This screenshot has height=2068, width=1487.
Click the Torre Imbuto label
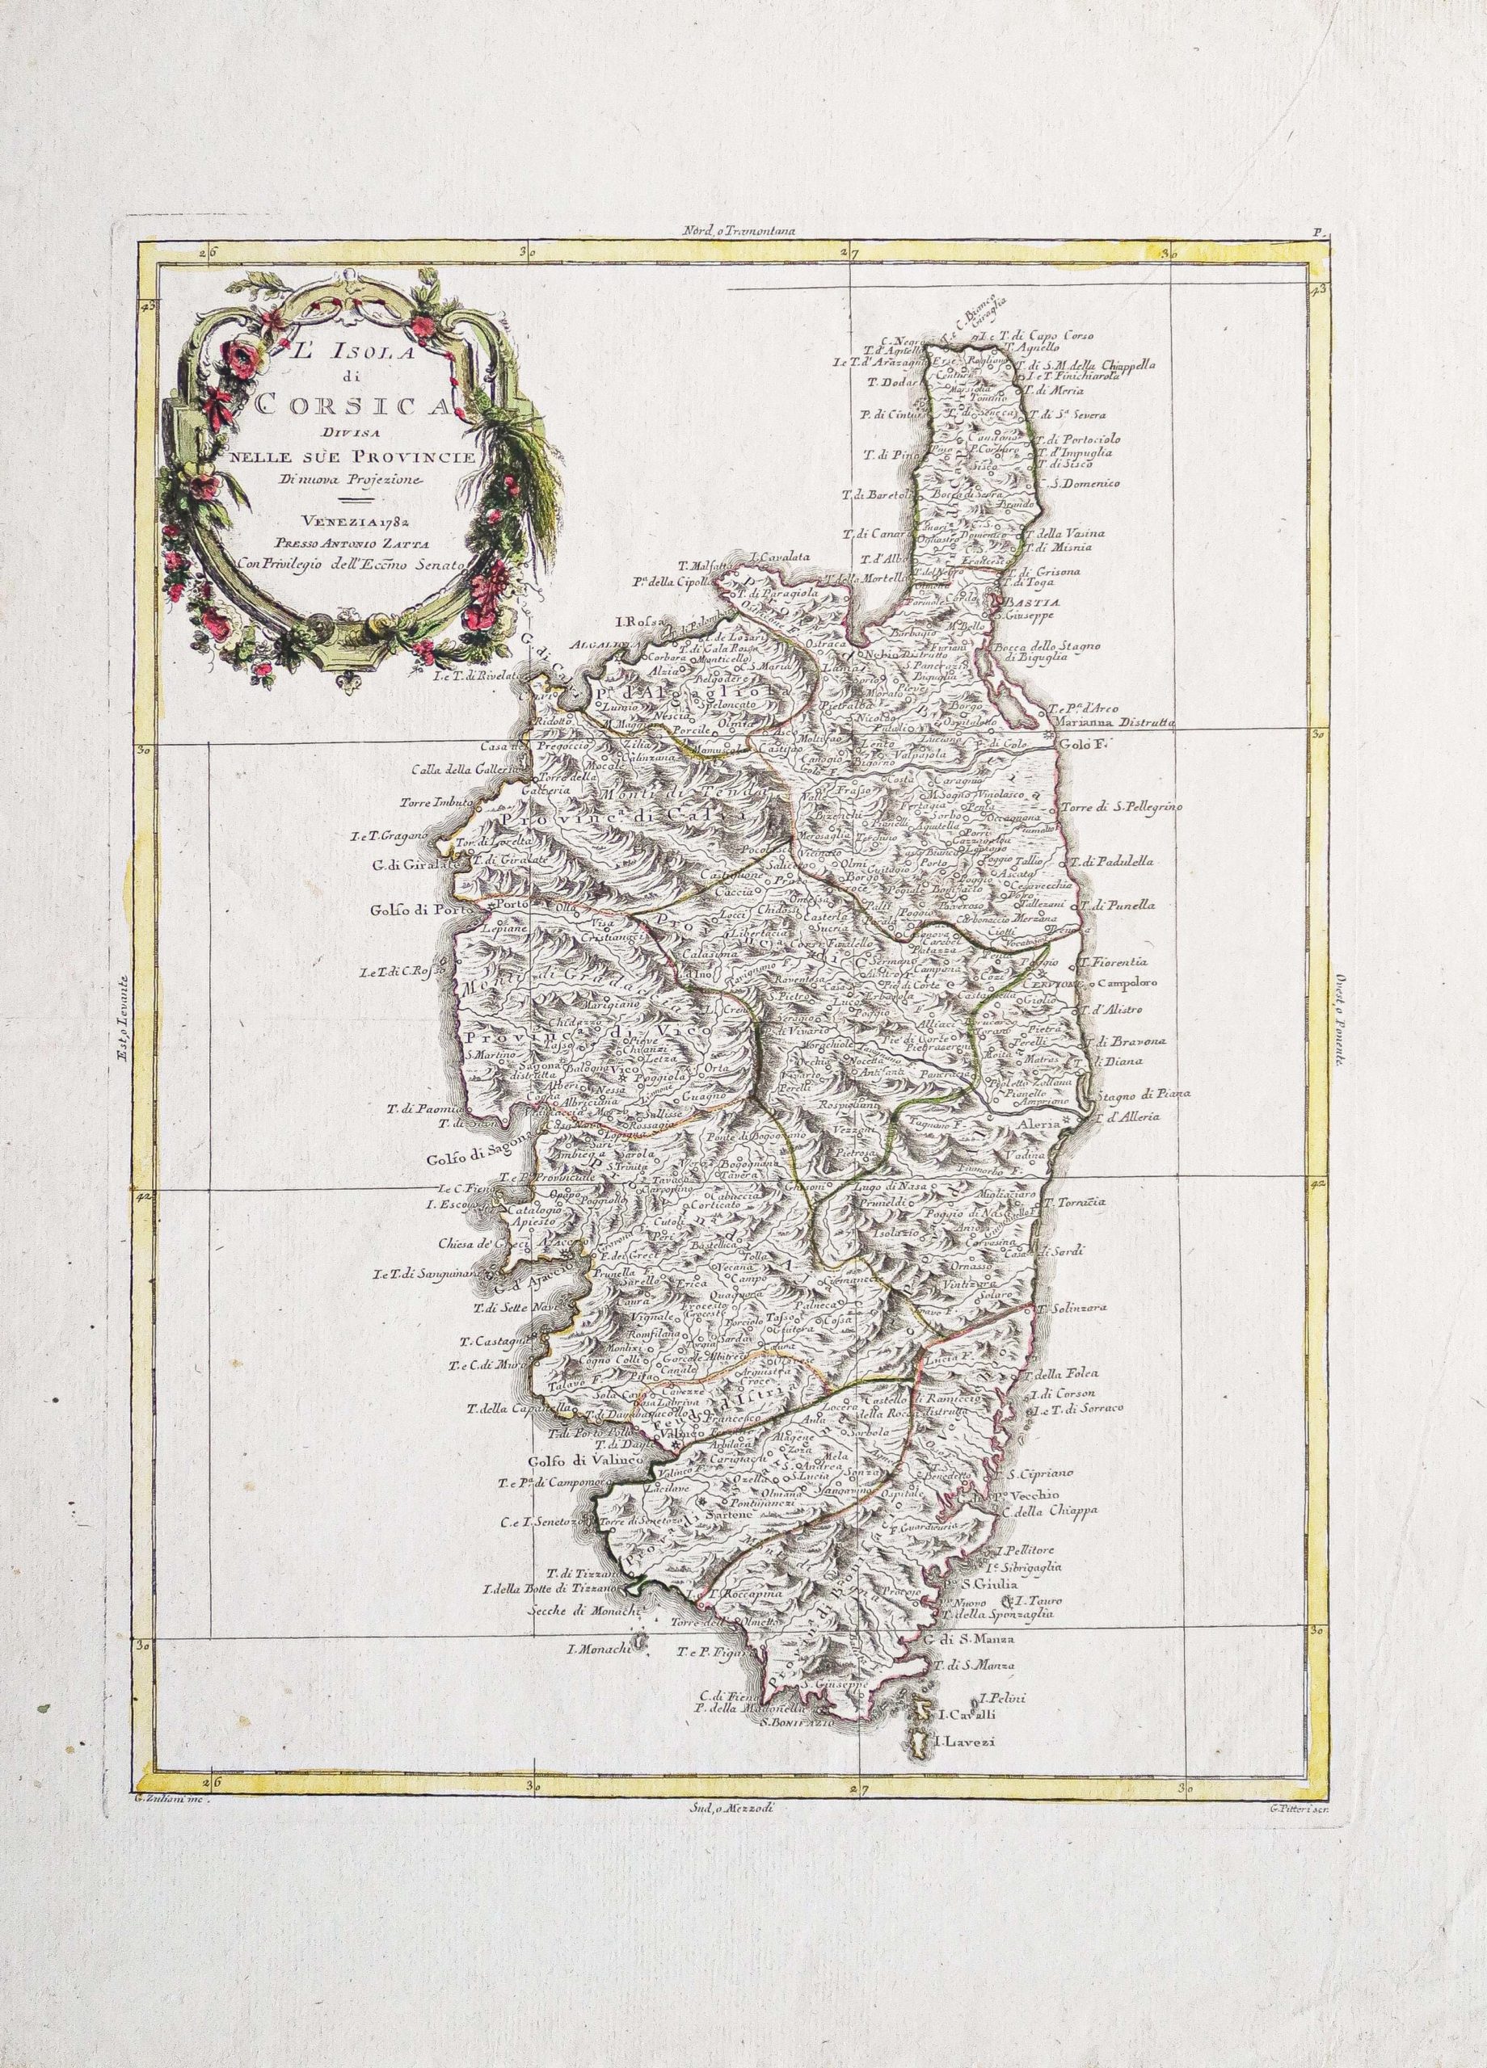pos(433,803)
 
